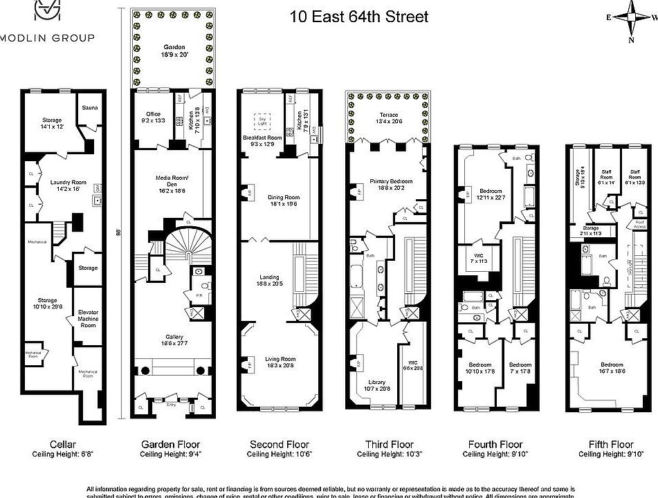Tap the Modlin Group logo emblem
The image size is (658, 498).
coord(46,12)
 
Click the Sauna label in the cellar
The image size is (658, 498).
coord(89,108)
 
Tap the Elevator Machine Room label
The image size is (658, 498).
coord(88,319)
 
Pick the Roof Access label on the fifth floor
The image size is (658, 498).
coord(639,225)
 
